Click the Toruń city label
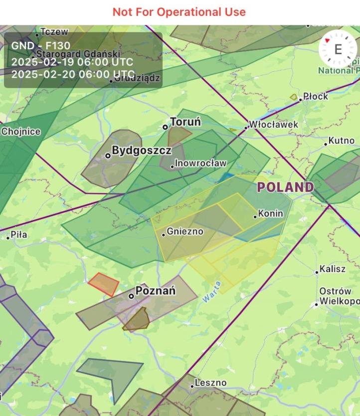(x=185, y=122)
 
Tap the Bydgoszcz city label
(x=141, y=150)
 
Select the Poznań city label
(x=155, y=291)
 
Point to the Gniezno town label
(x=185, y=232)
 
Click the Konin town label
(x=271, y=214)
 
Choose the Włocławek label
(x=273, y=125)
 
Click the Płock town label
(x=316, y=96)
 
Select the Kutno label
(x=342, y=141)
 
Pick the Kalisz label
(x=332, y=269)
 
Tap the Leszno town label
(x=210, y=383)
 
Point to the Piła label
(x=19, y=234)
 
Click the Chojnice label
(x=20, y=132)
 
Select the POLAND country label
(x=285, y=188)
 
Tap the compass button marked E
(x=338, y=49)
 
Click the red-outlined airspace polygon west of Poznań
(x=104, y=284)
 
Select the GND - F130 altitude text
(x=40, y=46)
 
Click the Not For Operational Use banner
(x=179, y=12)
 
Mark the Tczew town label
(x=54, y=32)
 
